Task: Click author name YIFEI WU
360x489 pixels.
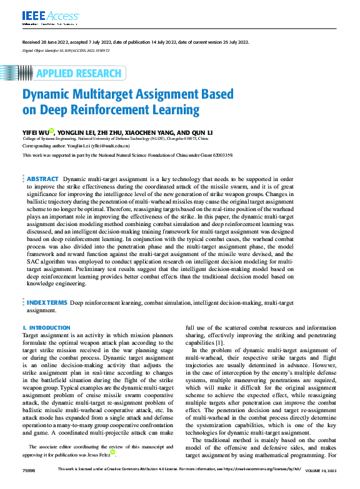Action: pyautogui.click(x=35, y=132)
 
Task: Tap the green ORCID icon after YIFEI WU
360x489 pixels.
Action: pyautogui.click(x=52, y=131)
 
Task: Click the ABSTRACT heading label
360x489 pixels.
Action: pyautogui.click(x=42, y=162)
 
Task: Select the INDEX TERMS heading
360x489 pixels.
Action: pyautogui.click(x=47, y=303)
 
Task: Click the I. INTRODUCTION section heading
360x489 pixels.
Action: pyautogui.click(x=46, y=328)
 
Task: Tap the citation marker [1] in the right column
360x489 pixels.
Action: pyautogui.click(x=219, y=343)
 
